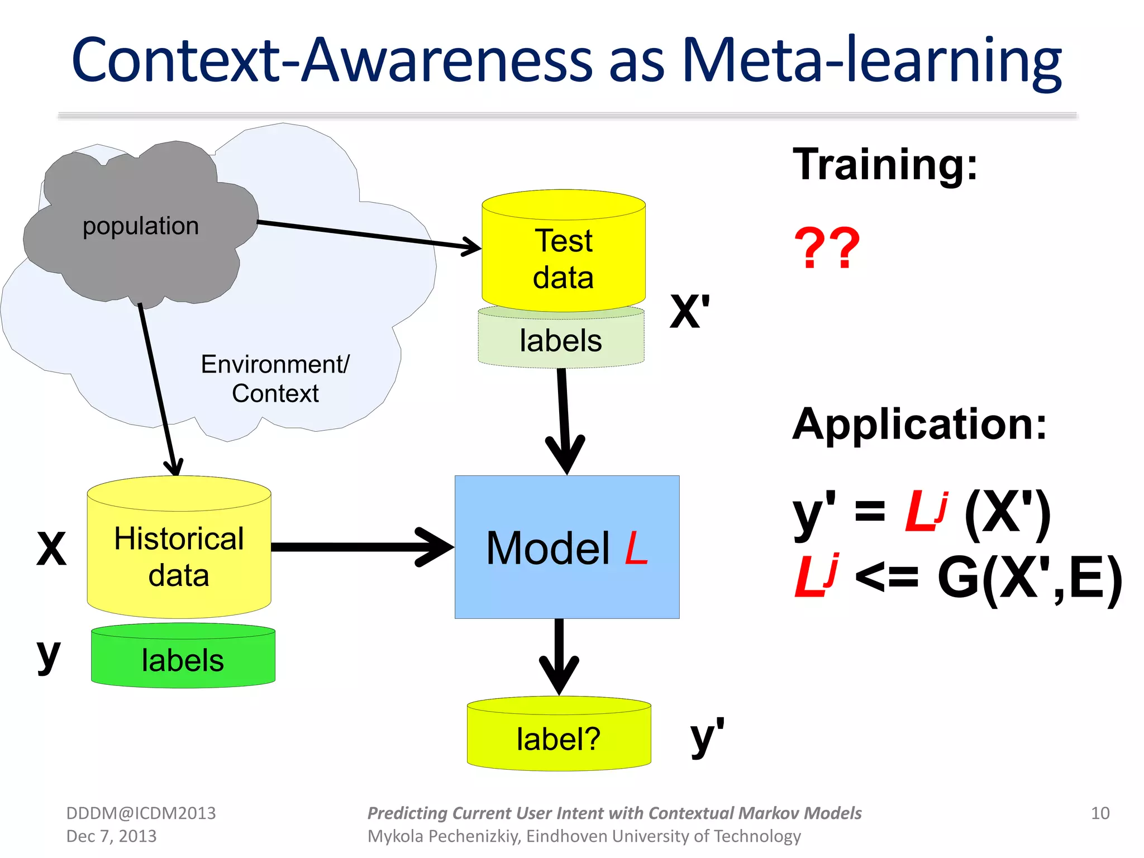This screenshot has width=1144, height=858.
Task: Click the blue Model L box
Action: click(x=566, y=547)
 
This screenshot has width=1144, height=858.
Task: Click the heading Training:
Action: click(x=885, y=164)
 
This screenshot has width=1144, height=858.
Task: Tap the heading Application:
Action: click(x=919, y=424)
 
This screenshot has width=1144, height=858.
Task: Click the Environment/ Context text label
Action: click(x=275, y=379)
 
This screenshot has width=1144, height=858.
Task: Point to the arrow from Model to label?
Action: click(x=559, y=656)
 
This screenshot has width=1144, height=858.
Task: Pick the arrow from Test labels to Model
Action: click(x=564, y=419)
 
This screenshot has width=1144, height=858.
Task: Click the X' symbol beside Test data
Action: click(x=690, y=312)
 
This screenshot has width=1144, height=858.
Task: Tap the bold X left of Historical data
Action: click(x=51, y=549)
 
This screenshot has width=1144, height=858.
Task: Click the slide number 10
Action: click(x=1100, y=813)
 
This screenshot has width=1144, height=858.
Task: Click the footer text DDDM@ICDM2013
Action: click(x=141, y=813)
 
